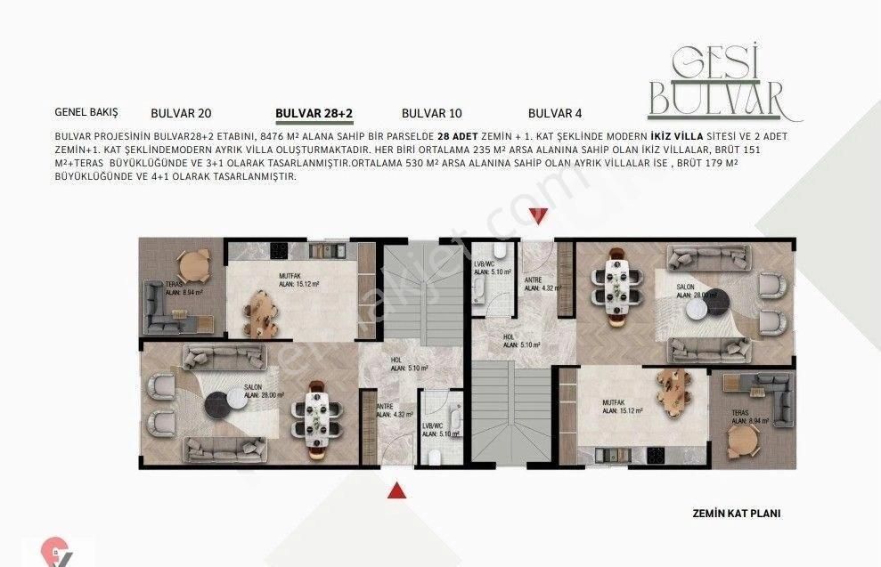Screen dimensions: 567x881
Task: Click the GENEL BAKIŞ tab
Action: click(86, 113)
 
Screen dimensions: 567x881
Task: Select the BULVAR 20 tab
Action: click(181, 113)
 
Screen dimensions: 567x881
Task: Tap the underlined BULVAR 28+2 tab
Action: click(314, 113)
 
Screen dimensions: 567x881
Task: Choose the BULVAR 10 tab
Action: click(432, 113)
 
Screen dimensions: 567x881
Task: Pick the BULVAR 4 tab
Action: click(555, 113)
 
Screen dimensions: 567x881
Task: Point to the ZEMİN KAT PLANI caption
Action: click(736, 514)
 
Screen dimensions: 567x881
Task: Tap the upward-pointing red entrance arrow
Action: click(397, 490)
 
